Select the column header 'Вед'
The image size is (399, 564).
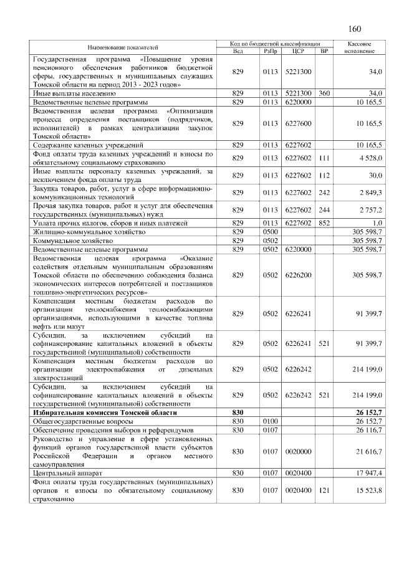coord(237,51)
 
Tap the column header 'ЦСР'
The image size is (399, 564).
coord(297,51)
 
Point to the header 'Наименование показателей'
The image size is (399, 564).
coord(123,47)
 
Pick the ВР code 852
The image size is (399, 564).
coord(324,222)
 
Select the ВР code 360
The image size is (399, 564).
coord(324,93)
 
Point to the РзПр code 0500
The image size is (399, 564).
coord(270,231)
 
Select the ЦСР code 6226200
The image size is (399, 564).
coord(297,274)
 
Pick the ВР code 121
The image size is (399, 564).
coord(324,490)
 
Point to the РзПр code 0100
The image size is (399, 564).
coord(270,421)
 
